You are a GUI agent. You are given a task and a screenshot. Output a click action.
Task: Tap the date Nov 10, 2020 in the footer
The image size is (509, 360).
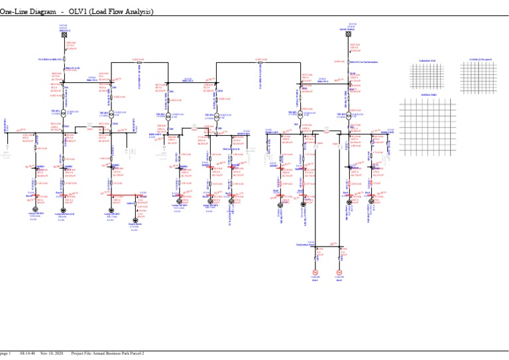tap(52, 353)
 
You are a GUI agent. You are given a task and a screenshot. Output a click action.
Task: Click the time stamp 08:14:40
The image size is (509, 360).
tap(28, 353)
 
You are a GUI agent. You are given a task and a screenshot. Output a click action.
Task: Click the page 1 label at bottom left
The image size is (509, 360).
tap(5, 353)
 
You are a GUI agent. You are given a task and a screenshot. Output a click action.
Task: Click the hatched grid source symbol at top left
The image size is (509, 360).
tap(65, 35)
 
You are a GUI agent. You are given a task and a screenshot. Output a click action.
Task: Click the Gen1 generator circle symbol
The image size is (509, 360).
tap(315, 272)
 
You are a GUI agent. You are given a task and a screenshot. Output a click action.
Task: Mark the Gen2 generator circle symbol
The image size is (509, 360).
tap(339, 272)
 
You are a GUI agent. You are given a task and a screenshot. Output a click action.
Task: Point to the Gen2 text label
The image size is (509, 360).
tap(339, 281)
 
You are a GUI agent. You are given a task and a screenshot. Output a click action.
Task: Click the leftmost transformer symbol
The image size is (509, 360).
tap(65, 113)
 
